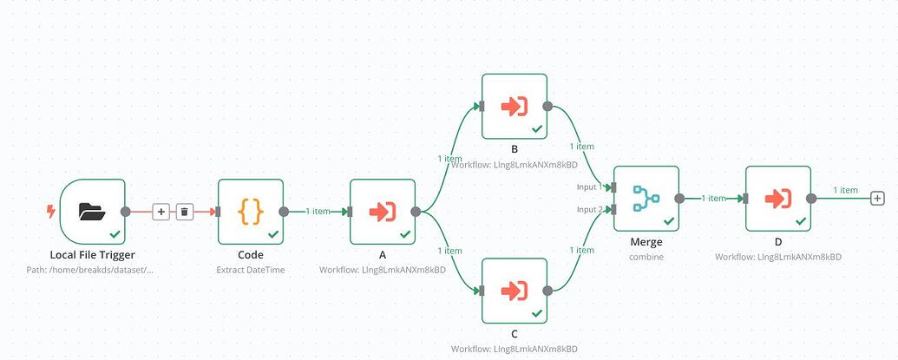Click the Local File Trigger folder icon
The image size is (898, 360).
point(92,211)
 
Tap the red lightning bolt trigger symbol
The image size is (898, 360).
point(50,211)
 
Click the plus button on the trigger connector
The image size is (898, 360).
point(161,212)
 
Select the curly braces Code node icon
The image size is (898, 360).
point(250,211)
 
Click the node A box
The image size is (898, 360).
point(382,212)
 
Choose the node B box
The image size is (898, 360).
point(514,107)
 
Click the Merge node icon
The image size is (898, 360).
point(646,198)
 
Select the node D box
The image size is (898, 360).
point(777,199)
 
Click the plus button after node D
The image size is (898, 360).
point(877,199)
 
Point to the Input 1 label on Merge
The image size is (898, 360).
point(589,187)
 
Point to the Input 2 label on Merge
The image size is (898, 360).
point(589,209)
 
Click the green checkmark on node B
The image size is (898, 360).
point(537,128)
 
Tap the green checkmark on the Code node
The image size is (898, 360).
point(273,234)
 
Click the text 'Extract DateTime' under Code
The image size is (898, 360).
point(250,270)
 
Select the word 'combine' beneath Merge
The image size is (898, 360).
point(646,258)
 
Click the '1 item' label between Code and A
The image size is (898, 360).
point(318,211)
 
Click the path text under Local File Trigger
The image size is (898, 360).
point(93,270)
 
